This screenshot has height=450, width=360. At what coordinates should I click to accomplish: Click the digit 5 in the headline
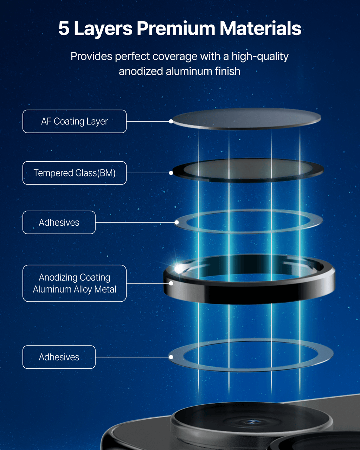coord(64,28)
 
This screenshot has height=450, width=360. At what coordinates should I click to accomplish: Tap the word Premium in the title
coord(176,28)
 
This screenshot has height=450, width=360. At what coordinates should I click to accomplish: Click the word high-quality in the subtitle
coord(260,57)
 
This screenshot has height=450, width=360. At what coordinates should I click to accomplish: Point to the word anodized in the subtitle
coord(141,71)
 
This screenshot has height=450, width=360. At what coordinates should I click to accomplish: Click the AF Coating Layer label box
coord(75,121)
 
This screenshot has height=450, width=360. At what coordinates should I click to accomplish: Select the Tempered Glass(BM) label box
coord(75,173)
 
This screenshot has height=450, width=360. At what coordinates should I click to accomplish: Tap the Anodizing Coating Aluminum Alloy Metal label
coord(75,283)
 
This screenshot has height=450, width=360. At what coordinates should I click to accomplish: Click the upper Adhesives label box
coord(59,223)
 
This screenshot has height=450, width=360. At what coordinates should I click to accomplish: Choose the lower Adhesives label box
coord(59,357)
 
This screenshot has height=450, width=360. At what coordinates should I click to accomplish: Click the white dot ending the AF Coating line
coord(171,121)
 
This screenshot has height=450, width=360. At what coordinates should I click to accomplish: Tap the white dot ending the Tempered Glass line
coord(171,173)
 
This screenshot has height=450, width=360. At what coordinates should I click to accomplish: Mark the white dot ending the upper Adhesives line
coord(176,223)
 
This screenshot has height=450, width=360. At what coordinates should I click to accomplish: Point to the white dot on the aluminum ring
coord(171,283)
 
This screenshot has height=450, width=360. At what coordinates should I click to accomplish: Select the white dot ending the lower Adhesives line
coord(171,357)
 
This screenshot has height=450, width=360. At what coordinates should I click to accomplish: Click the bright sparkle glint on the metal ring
coord(178,268)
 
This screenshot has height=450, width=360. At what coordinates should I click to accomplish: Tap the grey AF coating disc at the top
coord(247,119)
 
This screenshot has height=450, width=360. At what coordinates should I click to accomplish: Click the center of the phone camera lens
coord(251,422)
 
